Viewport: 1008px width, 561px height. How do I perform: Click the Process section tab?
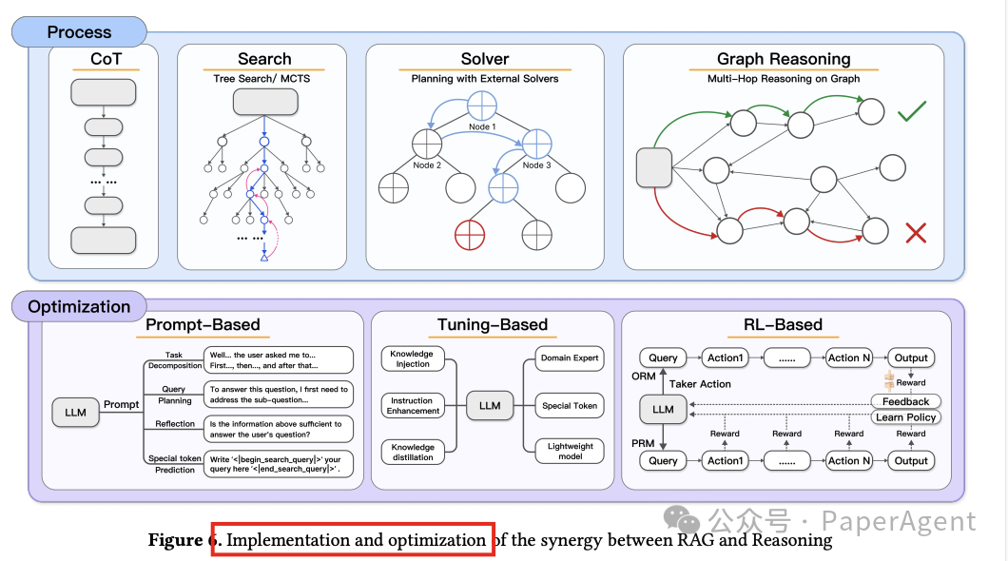(79, 32)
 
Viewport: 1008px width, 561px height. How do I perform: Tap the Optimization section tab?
(79, 307)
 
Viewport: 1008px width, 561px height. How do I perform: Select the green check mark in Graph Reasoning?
(912, 113)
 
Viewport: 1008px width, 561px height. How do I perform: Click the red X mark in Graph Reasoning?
(916, 232)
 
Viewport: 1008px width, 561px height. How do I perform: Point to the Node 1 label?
(481, 126)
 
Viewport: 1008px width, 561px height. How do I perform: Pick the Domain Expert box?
(570, 358)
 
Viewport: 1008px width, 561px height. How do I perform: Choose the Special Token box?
(570, 406)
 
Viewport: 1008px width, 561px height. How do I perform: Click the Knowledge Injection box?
(413, 359)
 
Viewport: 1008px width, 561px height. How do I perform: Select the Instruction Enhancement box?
(413, 406)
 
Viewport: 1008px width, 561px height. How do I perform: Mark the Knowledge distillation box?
(413, 453)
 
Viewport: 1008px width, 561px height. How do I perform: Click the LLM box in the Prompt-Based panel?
(76, 413)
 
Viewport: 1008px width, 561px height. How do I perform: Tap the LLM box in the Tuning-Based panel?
(490, 406)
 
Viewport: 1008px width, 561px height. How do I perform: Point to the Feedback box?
(905, 402)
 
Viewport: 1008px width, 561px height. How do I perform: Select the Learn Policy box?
(906, 417)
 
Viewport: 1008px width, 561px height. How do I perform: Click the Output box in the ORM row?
(910, 358)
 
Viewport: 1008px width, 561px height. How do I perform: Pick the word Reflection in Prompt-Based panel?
(175, 425)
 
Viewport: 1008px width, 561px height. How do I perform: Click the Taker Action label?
(701, 384)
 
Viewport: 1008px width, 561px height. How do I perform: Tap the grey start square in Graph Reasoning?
(652, 167)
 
